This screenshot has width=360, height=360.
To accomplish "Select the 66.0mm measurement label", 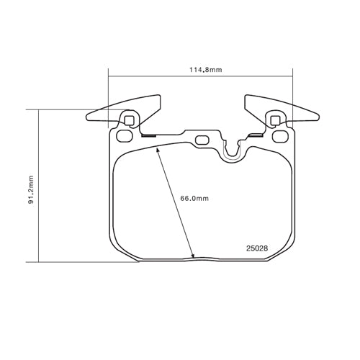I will [194, 199].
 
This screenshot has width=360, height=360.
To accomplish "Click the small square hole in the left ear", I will [130, 120].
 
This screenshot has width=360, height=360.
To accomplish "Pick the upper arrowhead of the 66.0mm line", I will [158, 149].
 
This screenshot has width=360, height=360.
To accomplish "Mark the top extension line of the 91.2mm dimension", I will [65, 109].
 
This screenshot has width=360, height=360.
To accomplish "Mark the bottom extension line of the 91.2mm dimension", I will [79, 261].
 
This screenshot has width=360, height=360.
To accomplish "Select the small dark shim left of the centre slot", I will [149, 135].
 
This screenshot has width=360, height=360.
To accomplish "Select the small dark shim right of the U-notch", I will [253, 135].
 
